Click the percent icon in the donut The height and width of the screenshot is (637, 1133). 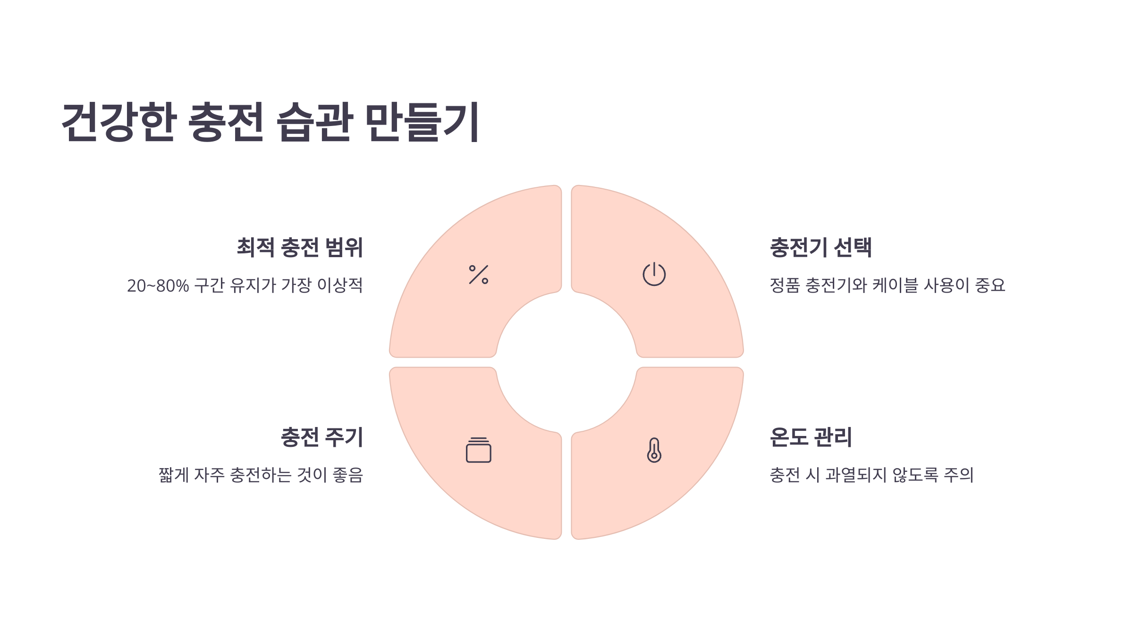pos(479,275)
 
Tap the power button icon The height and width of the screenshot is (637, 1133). pos(654,274)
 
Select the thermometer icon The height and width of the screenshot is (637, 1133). pos(654,450)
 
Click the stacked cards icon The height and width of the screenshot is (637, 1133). pos(479,450)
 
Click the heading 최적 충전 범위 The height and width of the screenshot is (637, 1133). pos(300,248)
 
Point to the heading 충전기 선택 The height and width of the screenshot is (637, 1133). pos(820,248)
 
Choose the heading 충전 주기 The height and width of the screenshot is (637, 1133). pos(322,437)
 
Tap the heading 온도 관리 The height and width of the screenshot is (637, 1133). pos(811,437)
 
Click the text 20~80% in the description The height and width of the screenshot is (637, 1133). pos(158,286)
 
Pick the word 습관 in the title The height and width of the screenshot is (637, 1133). pos(314,122)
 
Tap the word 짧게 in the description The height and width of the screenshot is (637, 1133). pos(174,475)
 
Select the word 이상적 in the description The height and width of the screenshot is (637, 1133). pos(340,285)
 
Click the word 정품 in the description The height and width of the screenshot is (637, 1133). pos(785,285)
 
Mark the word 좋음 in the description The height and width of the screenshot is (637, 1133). pos(348,475)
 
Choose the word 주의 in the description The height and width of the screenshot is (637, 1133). pos(959,475)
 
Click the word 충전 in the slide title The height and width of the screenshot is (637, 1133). pos(226,122)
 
